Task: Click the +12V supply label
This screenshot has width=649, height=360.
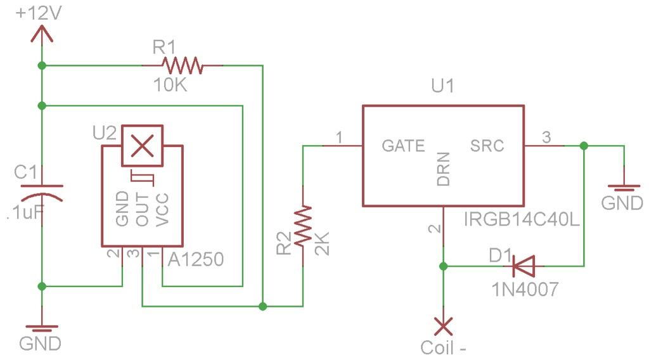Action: point(39,14)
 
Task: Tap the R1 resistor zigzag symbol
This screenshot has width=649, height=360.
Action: point(183,65)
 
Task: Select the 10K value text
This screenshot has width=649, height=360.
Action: point(170,85)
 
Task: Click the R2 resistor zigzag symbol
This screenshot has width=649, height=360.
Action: point(303,226)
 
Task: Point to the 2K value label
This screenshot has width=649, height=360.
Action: point(322,243)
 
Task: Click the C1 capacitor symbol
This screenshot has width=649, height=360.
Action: point(42,193)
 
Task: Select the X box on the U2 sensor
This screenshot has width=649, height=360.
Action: point(142,146)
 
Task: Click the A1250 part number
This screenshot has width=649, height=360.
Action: point(196,259)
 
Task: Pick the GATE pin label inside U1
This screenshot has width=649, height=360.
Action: point(403,146)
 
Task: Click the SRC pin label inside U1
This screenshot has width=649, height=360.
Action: point(487,146)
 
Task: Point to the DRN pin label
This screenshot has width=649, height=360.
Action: point(443,169)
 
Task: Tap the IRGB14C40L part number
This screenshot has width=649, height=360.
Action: point(522,219)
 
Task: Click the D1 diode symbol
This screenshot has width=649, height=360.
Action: point(524,266)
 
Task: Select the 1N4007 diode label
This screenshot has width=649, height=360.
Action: point(525,289)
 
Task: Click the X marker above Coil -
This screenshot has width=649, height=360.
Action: point(443,326)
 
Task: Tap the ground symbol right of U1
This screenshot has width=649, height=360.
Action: point(624,188)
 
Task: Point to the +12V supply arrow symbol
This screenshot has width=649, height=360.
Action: point(42,34)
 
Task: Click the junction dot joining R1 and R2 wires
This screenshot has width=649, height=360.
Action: point(263,306)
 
